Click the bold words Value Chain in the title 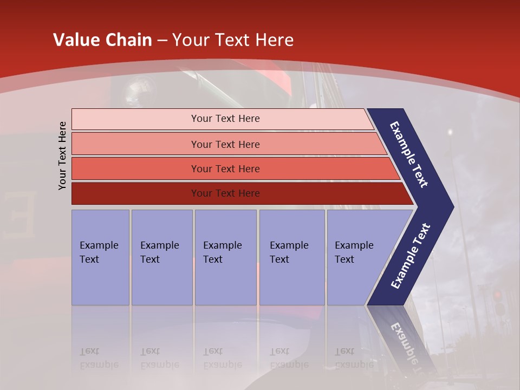click(102, 40)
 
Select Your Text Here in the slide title click(233, 40)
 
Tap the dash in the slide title click(162, 41)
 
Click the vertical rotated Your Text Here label click(62, 155)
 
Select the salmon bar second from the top click(225, 144)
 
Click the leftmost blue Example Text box click(100, 257)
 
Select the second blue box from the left click(161, 257)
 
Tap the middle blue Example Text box click(225, 257)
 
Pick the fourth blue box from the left click(291, 257)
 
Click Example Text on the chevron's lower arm click(410, 256)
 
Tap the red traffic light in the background click(497, 296)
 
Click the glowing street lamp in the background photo click(450, 132)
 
